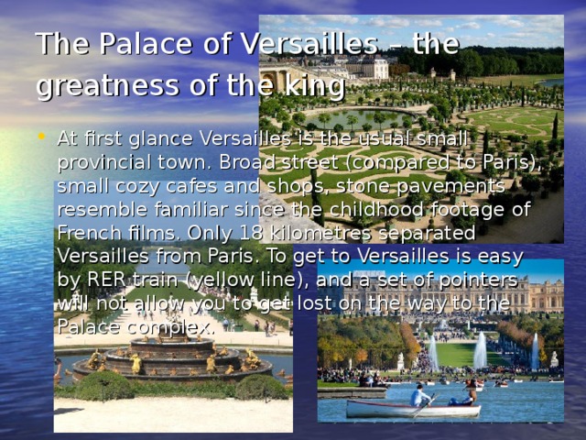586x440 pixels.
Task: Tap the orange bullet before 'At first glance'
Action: coord(42,138)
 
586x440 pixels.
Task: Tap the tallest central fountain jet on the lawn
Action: coord(480,349)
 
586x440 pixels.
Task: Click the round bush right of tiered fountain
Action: coord(261,388)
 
